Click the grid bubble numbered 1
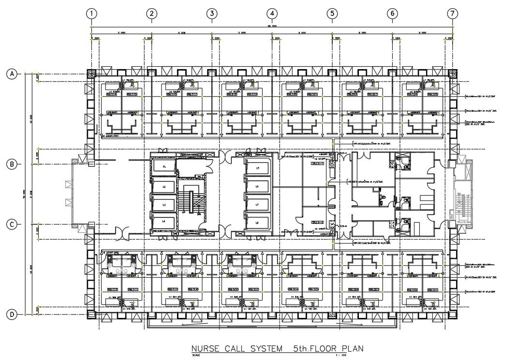pos(91,14)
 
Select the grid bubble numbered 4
pos(272,14)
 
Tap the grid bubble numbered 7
pos(452,14)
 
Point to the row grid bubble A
pos(12,74)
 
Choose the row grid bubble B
pos(12,164)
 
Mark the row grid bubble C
pos(12,224)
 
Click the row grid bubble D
pos(12,315)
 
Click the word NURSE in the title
pos(206,348)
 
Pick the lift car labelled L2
pos(164,187)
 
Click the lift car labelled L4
pos(164,221)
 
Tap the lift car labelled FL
pos(164,167)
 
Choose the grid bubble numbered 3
pos(212,14)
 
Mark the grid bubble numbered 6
pos(392,14)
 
